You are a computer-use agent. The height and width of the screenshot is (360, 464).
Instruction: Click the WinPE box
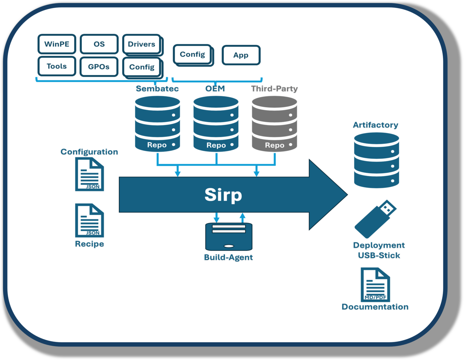[x=57, y=44]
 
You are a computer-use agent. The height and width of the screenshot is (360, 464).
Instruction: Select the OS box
[x=99, y=44]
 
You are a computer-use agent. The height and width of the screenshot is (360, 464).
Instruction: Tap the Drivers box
[x=142, y=44]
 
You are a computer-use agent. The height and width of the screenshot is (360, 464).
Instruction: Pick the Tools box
[x=57, y=66]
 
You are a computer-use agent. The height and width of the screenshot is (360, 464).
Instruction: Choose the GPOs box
[x=99, y=67]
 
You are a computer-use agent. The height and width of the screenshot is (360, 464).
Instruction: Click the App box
[x=241, y=55]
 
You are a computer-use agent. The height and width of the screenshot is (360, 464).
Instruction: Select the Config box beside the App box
[x=193, y=54]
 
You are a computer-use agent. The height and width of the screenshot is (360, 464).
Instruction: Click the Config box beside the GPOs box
[x=142, y=67]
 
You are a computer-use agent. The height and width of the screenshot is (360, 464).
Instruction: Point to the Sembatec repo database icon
[x=158, y=124]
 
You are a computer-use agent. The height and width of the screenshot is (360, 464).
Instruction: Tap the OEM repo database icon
[x=216, y=124]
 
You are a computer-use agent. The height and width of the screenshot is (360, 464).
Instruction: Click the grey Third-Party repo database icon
[x=274, y=124]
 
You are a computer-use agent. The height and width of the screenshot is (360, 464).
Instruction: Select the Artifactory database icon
[x=376, y=160]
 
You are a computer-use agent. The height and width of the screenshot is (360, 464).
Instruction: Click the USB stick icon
[x=376, y=219]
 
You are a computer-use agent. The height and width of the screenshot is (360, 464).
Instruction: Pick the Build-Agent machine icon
[x=229, y=237]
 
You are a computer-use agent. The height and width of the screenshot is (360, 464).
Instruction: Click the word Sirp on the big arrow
[x=223, y=195]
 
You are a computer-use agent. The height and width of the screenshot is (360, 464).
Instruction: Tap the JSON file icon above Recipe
[x=89, y=220]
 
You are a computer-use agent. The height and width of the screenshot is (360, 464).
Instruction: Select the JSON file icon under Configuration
[x=89, y=174]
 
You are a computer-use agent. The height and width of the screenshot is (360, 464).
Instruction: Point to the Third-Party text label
[x=274, y=89]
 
